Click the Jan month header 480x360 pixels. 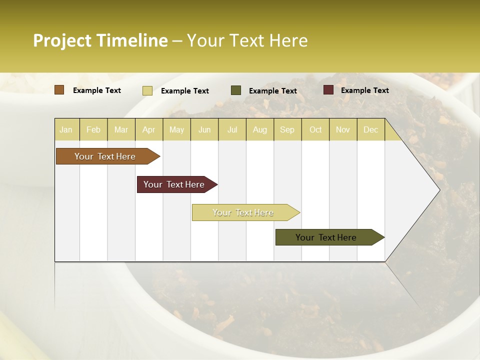[x=66, y=130]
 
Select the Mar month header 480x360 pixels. [x=121, y=130]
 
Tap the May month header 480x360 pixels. [x=176, y=130]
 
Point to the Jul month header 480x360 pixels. [x=232, y=130]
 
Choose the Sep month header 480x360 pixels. [x=287, y=130]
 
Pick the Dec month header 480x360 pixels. [x=370, y=130]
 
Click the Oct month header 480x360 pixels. [x=315, y=130]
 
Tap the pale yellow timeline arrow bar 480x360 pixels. [x=243, y=212]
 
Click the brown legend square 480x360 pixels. [x=59, y=90]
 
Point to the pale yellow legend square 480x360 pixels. [x=147, y=90]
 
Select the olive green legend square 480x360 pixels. [x=236, y=90]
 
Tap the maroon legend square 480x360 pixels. [x=328, y=90]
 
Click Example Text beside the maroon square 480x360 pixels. [x=364, y=90]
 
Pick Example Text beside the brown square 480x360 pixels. [x=96, y=90]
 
